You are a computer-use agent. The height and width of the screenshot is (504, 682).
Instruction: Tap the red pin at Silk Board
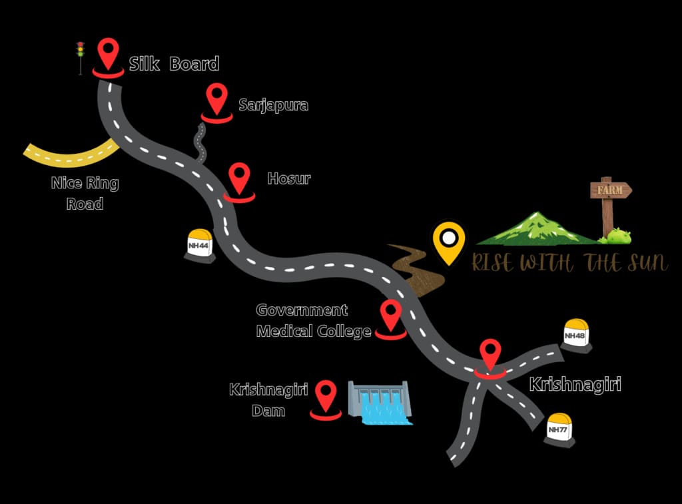coord(109,57)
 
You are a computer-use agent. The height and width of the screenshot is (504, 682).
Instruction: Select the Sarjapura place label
coord(273,105)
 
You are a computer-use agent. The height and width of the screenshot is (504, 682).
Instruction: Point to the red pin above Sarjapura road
coord(216,103)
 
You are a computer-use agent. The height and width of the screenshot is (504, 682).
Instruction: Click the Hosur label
coord(289,178)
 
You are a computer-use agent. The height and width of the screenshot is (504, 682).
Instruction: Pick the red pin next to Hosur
coord(239,182)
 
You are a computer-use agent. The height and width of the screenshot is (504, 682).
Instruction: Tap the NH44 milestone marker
coord(200,246)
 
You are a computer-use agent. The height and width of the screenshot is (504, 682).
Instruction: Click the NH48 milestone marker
coord(576,336)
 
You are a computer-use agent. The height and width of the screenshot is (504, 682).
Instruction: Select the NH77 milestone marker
coord(559,430)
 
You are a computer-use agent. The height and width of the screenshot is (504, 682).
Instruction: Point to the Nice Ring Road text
coord(85,193)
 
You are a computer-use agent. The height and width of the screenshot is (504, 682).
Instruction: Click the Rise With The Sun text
coord(570,263)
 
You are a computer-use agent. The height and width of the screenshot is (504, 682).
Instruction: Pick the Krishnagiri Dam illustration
coord(379,403)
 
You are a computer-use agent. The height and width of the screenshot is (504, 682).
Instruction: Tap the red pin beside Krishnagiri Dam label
coord(325,400)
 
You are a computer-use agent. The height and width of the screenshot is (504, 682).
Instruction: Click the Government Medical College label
coord(314,321)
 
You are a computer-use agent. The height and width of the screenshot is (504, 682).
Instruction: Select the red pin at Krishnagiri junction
coord(490,360)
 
